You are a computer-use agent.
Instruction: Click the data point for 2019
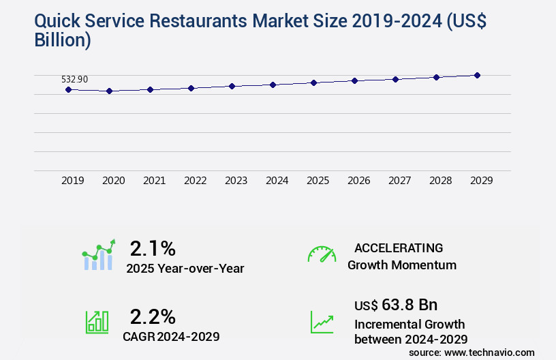[x=68, y=89]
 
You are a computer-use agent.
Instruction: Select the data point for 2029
[x=477, y=75]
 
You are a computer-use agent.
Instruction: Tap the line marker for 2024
[x=273, y=85]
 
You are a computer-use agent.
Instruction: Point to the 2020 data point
[x=109, y=91]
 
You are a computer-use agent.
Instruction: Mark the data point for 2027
[x=395, y=79]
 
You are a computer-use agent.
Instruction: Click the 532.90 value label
[x=74, y=79]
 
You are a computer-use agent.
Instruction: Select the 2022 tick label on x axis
[x=195, y=181]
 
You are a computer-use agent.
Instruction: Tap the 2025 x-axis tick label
[x=318, y=181]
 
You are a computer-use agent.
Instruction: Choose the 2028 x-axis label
[x=440, y=181]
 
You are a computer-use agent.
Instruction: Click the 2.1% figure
[x=153, y=247]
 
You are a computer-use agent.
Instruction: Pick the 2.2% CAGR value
[x=153, y=316]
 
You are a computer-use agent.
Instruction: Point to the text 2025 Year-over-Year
[x=185, y=269]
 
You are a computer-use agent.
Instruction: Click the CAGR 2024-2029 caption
[x=171, y=337]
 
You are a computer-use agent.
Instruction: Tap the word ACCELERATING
[x=399, y=247]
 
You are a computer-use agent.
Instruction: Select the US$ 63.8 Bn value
[x=396, y=304]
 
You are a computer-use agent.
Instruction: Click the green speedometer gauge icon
[x=322, y=254]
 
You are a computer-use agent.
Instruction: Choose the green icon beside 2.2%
[x=97, y=322]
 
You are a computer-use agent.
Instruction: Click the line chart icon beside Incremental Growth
[x=322, y=322]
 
